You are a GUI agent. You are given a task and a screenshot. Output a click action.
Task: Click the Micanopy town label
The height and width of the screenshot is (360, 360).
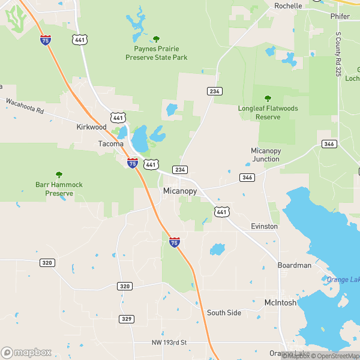pyautogui.click(x=179, y=191)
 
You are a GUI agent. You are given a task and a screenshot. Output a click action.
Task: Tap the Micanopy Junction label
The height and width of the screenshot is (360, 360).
pyautogui.click(x=265, y=155)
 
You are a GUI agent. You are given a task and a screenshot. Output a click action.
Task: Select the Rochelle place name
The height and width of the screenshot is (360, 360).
pyautogui.click(x=288, y=5)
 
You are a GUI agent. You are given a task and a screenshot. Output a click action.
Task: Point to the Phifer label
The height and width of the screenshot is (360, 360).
pyautogui.click(x=340, y=16)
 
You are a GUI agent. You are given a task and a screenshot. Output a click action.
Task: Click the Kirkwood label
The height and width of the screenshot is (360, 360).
pyautogui.click(x=91, y=127)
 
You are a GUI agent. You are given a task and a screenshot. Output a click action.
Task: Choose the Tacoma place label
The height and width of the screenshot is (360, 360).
pyautogui.click(x=111, y=144)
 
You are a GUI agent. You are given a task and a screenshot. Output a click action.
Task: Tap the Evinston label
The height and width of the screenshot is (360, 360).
pyautogui.click(x=264, y=226)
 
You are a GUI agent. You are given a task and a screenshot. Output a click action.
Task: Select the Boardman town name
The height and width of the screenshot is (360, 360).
pyautogui.click(x=294, y=265)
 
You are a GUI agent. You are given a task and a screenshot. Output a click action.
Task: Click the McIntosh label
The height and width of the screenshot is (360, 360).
pyautogui.click(x=280, y=303)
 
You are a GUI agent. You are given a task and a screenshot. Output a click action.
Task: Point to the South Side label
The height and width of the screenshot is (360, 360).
pyautogui.click(x=224, y=313)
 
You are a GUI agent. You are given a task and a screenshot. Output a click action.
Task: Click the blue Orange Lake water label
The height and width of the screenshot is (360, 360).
pyautogui.click(x=342, y=280)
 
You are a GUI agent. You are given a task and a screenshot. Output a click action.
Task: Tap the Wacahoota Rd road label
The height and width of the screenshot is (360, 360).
pyautogui.click(x=25, y=106)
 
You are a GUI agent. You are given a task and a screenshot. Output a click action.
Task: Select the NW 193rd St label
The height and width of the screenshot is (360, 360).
pyautogui.click(x=169, y=343)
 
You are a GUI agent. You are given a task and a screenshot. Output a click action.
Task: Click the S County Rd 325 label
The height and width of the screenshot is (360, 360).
pyautogui.click(x=338, y=55)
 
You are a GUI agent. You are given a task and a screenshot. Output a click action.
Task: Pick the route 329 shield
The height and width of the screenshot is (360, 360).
pyautogui.click(x=126, y=319)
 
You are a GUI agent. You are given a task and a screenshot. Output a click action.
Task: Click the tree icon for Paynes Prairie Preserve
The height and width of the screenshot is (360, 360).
pyautogui.click(x=156, y=39)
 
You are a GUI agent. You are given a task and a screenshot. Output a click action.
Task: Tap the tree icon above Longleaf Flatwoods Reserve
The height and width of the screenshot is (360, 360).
pyautogui.click(x=268, y=98)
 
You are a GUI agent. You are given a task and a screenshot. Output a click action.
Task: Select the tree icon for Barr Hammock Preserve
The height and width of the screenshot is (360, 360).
pyautogui.click(x=59, y=175)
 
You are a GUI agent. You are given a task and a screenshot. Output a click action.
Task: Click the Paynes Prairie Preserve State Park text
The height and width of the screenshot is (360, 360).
pyautogui.click(x=156, y=53)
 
